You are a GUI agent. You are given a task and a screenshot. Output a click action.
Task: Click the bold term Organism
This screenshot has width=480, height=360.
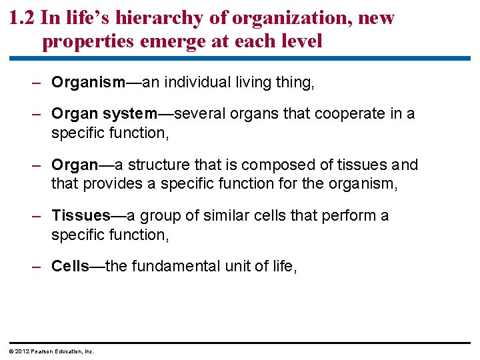[88, 83]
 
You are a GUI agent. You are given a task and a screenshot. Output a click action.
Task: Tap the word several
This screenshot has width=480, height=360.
[205, 114]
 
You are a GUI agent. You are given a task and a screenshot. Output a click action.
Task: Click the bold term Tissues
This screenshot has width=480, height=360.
[81, 215]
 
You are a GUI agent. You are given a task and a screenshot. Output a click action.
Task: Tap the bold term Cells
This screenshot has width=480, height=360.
[70, 267]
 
